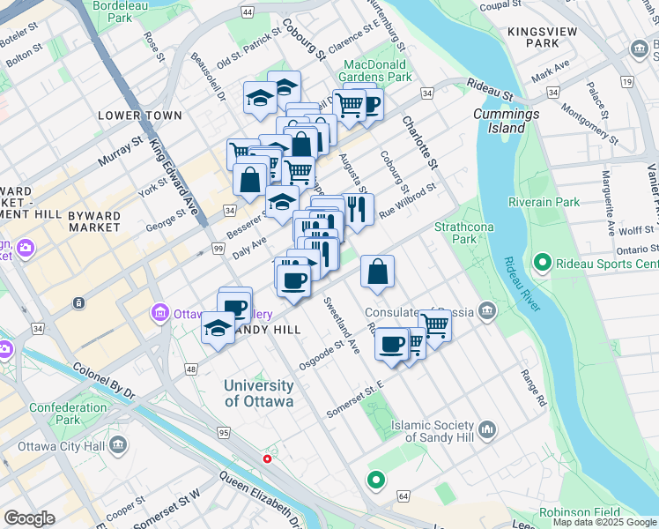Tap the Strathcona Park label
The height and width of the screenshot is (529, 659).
pos(455,233)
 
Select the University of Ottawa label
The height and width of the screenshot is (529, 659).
pos(258,393)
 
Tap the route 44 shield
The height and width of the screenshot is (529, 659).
pos(248,11)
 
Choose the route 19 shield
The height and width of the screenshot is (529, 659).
pos(626,81)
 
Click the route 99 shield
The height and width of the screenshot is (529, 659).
pos(217,251)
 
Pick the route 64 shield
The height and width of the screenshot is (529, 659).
pos(404,497)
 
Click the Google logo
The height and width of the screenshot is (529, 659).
pos(29,518)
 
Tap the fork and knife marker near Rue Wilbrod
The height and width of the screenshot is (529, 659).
pos(357,210)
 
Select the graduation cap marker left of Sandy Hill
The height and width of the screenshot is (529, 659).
pos(218,329)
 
